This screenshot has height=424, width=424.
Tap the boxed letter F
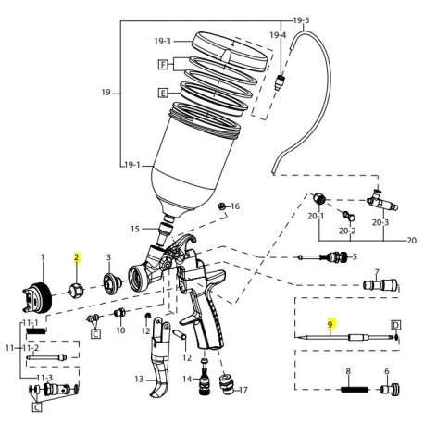click(x=163, y=64)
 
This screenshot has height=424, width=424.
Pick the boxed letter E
click(x=163, y=93)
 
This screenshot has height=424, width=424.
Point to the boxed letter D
click(x=394, y=326)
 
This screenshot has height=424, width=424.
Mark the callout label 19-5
click(x=301, y=19)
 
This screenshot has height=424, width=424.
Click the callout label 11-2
click(x=31, y=346)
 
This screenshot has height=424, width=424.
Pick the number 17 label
click(x=243, y=391)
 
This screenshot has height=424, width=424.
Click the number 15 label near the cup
click(x=135, y=227)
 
